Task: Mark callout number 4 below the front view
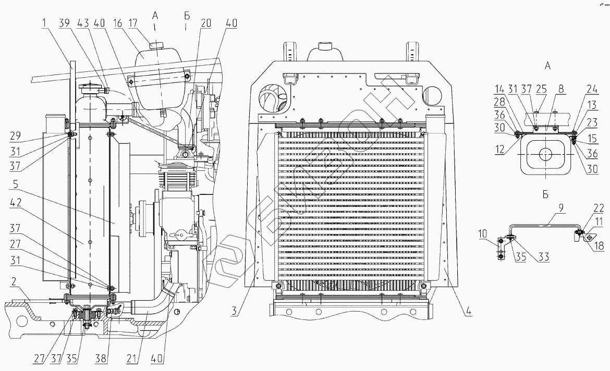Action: click(x=468, y=313)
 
